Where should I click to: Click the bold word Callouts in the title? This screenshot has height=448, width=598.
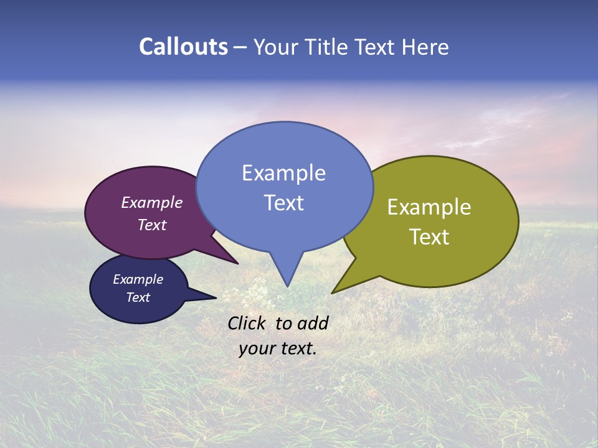[x=183, y=47]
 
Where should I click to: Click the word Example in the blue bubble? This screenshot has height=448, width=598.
[x=283, y=173]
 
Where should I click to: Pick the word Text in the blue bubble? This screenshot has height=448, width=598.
[x=283, y=202]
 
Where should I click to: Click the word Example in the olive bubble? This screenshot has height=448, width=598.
[x=429, y=207]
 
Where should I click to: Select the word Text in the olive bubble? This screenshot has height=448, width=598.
[x=429, y=236]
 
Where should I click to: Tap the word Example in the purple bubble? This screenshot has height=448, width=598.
[x=151, y=202]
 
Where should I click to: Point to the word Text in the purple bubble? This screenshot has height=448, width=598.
[x=151, y=225]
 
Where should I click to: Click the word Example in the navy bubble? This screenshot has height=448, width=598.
[x=138, y=279]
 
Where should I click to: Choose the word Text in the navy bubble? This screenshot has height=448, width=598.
[x=138, y=297]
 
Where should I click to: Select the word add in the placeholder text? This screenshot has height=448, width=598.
[x=313, y=323]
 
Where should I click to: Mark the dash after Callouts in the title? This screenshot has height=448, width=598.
[x=240, y=47]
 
